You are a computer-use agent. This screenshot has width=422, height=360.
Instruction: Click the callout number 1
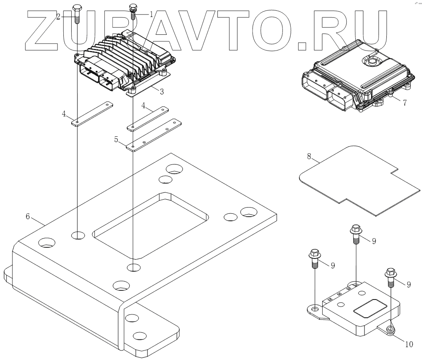[151, 14]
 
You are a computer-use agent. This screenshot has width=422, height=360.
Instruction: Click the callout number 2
[59, 17]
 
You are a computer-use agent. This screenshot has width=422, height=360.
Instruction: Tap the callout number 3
[162, 91]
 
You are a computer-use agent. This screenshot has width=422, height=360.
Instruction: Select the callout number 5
[117, 140]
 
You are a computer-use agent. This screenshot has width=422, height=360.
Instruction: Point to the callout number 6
[28, 217]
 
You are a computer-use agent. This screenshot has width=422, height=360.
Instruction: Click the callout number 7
[404, 102]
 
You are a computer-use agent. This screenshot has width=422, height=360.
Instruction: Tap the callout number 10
[409, 343]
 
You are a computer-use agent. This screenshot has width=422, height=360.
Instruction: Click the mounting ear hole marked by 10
[390, 330]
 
